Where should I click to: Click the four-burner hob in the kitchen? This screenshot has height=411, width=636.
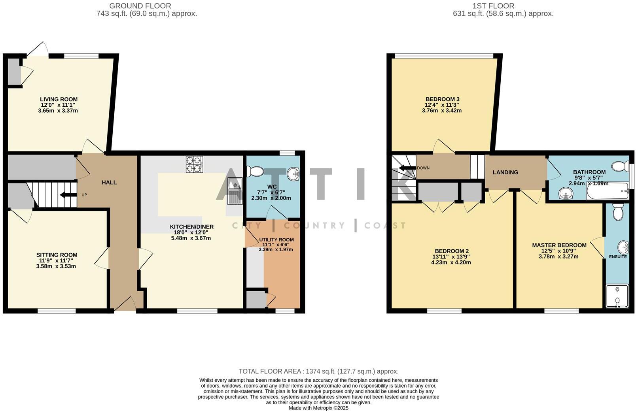(194, 164)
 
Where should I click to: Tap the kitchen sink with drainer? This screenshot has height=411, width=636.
(235, 194)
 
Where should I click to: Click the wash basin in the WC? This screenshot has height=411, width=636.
(293, 173)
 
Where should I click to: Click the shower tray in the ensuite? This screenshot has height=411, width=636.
(617, 296)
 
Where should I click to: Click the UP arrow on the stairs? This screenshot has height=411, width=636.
(63, 194)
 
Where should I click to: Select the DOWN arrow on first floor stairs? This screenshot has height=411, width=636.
(407, 168)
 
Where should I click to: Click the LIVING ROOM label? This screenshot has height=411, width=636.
(59, 99)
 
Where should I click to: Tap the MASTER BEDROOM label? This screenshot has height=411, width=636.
(559, 245)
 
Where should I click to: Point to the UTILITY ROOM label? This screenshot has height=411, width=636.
(276, 239)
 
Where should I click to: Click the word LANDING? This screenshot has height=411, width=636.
(505, 172)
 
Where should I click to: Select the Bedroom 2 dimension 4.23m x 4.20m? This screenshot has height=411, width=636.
(451, 262)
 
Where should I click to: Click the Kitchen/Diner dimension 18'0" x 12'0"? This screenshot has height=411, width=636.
(191, 232)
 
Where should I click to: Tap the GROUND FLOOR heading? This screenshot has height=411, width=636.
(140, 6)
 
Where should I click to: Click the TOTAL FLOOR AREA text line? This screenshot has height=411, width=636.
(318, 371)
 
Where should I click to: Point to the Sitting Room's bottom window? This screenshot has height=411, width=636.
(57, 311)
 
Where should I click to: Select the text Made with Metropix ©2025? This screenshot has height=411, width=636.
(318, 408)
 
